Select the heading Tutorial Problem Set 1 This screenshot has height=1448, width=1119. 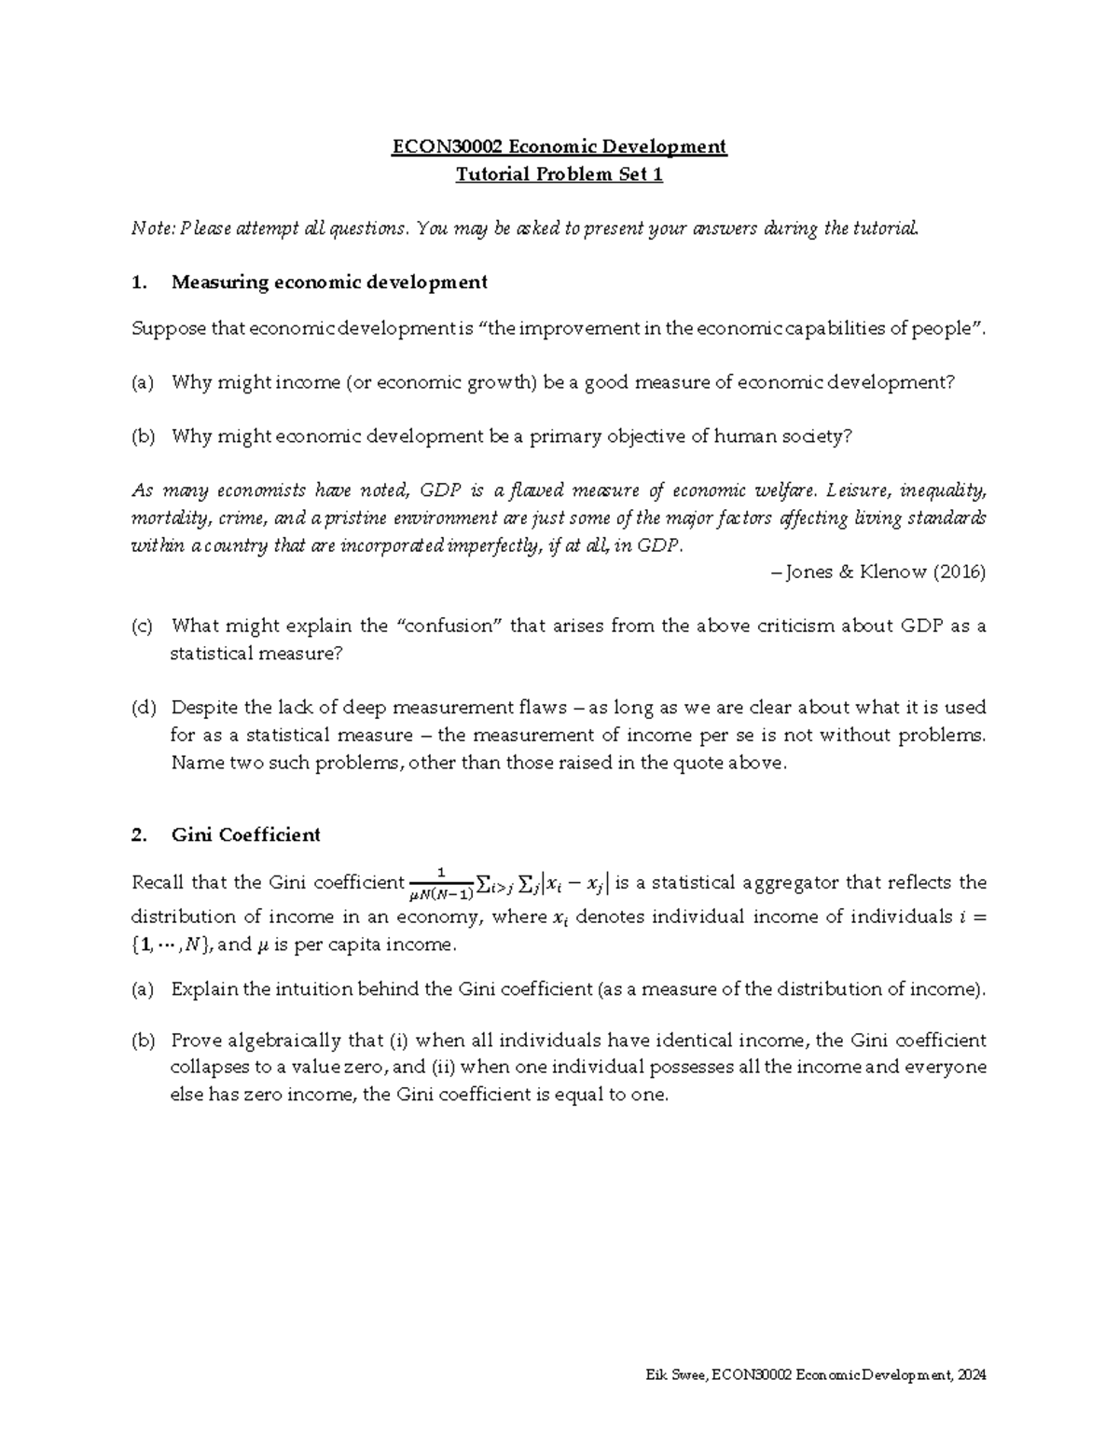click(559, 174)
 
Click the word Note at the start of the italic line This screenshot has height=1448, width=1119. click(151, 228)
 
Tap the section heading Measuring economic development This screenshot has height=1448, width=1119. click(328, 282)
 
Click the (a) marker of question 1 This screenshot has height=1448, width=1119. click(143, 382)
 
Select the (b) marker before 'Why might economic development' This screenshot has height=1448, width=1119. click(143, 436)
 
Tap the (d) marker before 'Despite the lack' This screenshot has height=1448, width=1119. click(143, 708)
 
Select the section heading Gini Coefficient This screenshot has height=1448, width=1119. click(245, 834)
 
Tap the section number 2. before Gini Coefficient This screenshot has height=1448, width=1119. click(140, 834)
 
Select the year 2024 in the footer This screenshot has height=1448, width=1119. click(971, 1375)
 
